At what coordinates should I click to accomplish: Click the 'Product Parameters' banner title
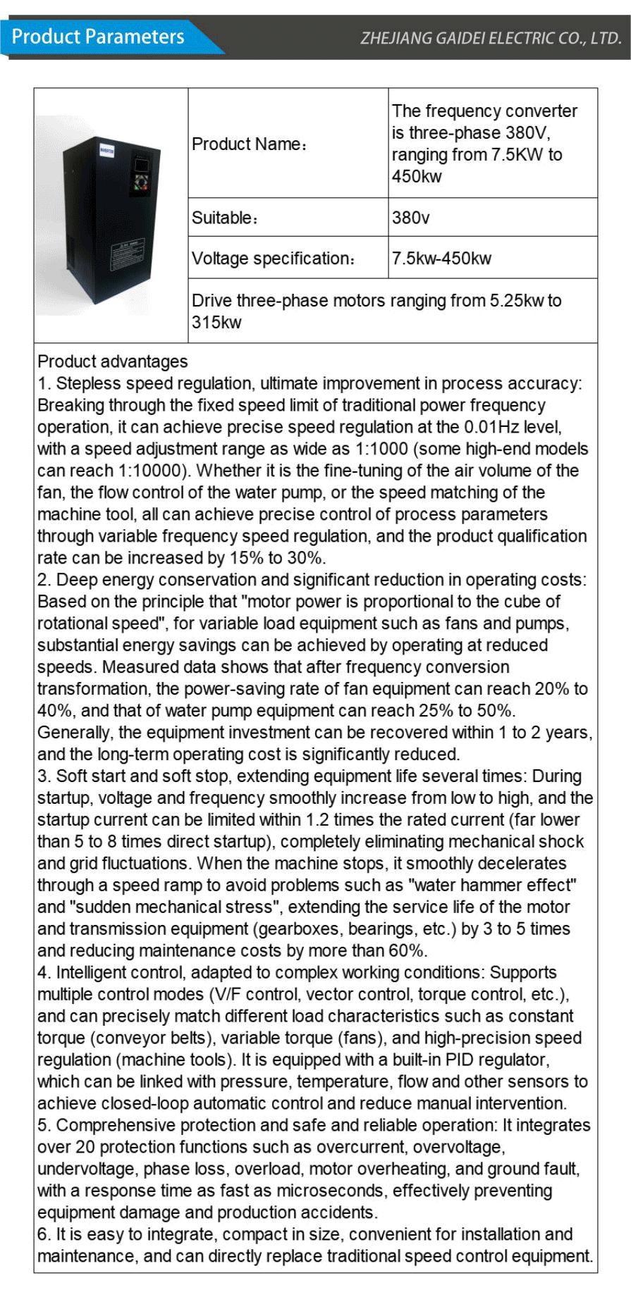[x=98, y=37]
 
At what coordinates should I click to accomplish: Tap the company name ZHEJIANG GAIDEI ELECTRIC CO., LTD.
[x=491, y=38]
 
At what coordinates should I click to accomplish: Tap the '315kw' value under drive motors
[x=216, y=323]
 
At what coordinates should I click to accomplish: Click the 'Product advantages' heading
[x=113, y=361]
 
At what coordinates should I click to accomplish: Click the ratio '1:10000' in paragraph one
[x=114, y=471]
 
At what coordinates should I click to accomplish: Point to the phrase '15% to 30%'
[x=275, y=558]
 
